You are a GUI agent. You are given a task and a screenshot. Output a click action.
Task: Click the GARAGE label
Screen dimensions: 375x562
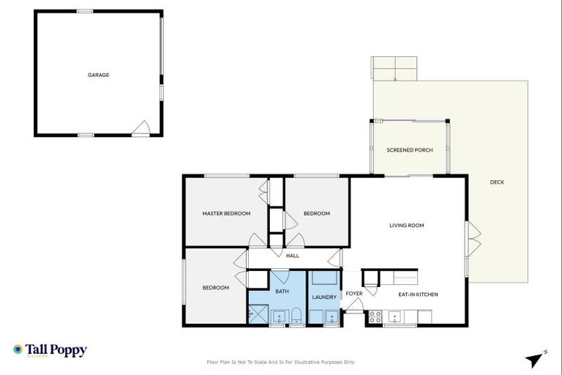[x=99, y=75]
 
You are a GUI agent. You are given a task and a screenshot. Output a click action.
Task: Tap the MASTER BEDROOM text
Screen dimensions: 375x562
[x=226, y=214]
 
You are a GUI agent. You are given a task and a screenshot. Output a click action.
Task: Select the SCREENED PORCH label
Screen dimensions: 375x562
[x=409, y=150]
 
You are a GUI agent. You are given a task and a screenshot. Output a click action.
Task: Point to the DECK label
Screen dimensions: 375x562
[x=497, y=182]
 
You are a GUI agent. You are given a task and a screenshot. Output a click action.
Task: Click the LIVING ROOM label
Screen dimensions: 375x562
[x=406, y=226]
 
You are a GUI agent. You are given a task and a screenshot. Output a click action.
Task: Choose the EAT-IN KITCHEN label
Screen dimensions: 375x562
[x=418, y=294]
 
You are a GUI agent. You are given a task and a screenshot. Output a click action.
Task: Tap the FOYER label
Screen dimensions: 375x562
[x=354, y=294]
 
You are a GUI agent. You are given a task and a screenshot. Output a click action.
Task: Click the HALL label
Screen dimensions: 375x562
[x=293, y=256]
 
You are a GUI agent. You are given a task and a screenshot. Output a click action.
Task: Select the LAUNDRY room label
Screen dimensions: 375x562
[x=324, y=297]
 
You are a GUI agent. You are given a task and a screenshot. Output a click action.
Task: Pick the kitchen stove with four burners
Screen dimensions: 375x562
[x=374, y=318]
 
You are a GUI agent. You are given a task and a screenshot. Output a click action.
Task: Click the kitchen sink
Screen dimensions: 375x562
[x=396, y=318]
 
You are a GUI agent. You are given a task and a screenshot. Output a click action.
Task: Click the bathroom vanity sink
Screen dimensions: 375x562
[x=278, y=317]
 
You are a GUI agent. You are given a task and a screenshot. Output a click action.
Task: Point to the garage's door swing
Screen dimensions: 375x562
[x=140, y=129]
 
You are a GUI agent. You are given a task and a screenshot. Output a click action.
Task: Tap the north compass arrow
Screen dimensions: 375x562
[x=536, y=359]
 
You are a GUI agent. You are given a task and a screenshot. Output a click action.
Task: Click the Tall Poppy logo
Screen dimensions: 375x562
[x=50, y=350]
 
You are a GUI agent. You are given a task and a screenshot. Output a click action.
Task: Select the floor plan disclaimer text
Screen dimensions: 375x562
[x=281, y=362]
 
